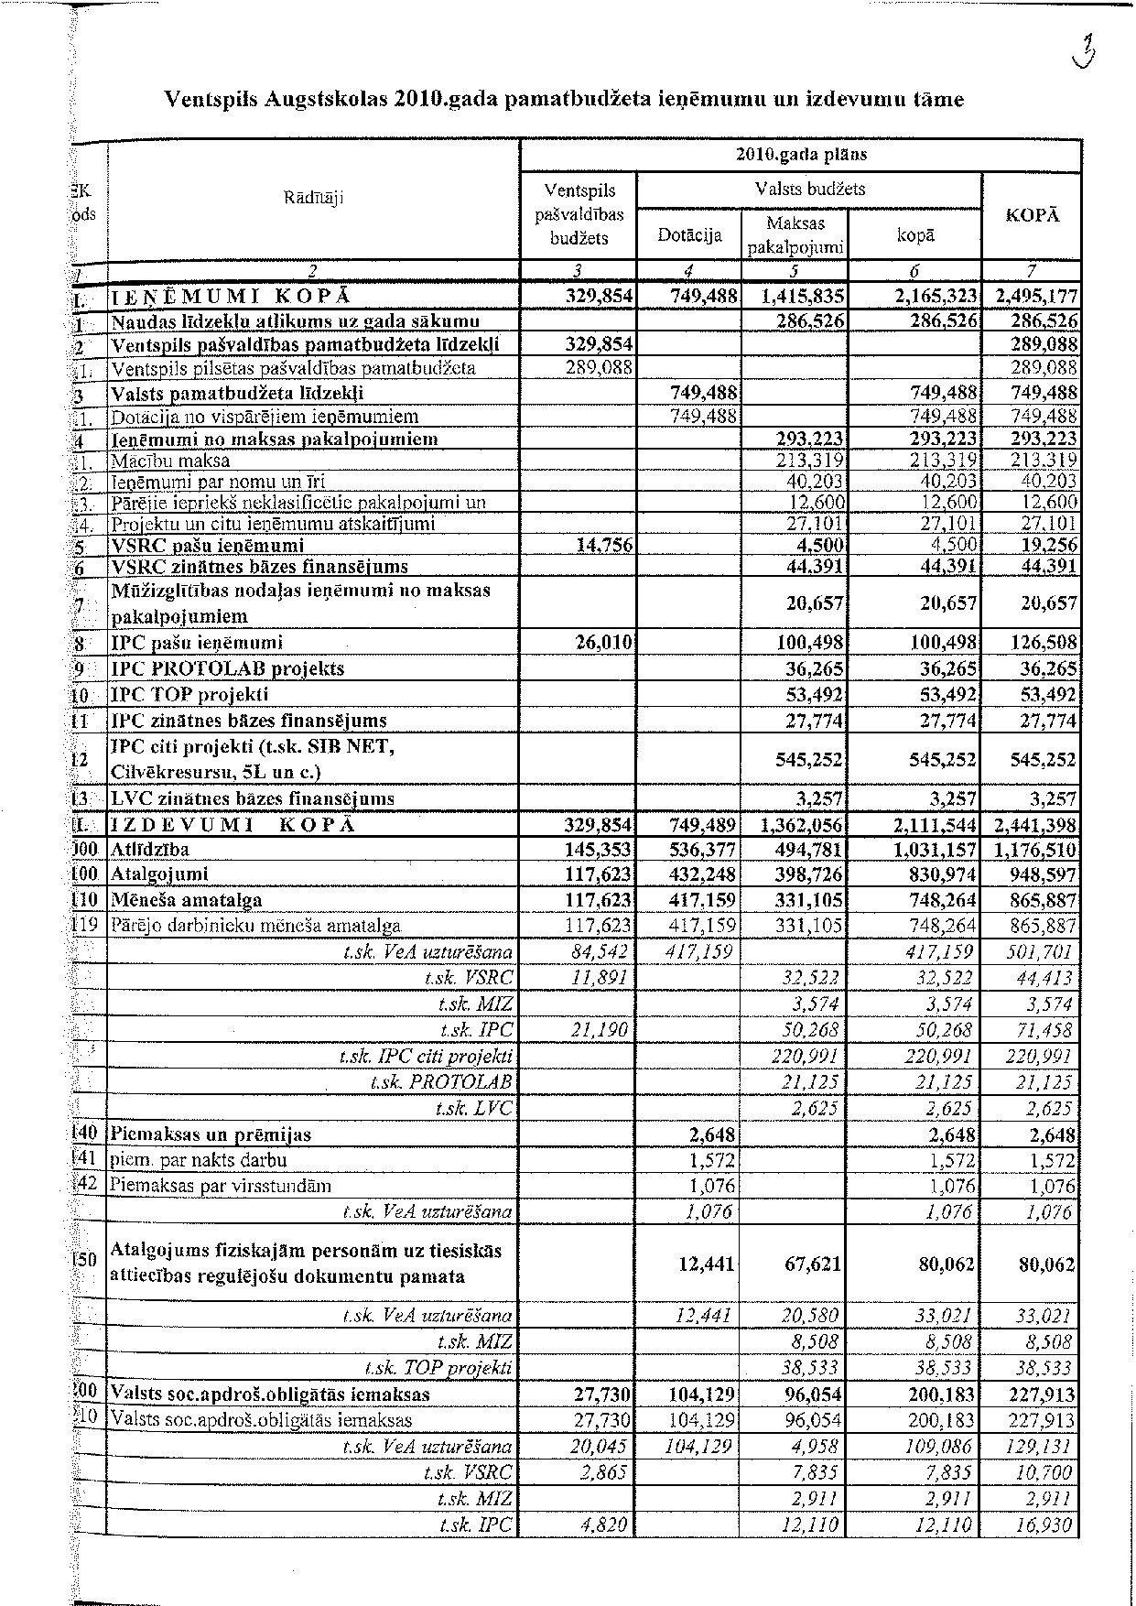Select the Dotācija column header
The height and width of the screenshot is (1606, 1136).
coord(688,235)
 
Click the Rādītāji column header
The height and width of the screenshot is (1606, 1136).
coord(313,195)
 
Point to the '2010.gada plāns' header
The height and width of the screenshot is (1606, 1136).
coord(801,155)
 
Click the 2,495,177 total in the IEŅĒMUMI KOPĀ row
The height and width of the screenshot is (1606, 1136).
coord(1032,297)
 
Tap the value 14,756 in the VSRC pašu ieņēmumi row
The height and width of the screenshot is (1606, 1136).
coord(603,546)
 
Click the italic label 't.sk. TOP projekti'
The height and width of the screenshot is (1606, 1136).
coord(438,1369)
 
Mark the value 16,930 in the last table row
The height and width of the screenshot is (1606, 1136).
coord(1046,1525)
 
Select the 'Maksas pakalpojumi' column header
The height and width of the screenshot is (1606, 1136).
coord(795,235)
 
